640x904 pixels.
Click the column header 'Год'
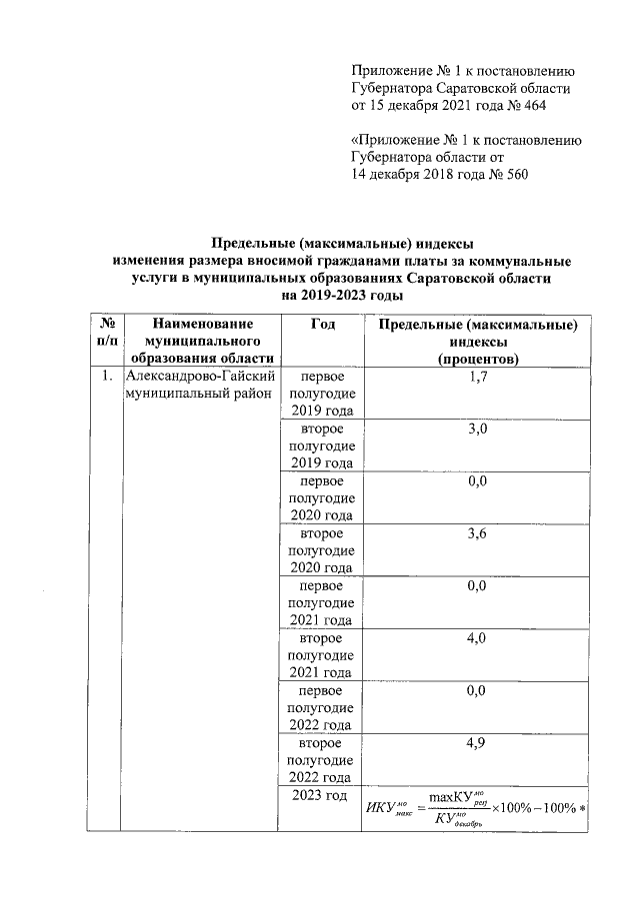click(322, 324)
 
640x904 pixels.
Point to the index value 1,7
click(477, 377)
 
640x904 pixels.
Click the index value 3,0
click(477, 429)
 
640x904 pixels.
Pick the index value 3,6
click(477, 533)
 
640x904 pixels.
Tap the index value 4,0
click(477, 638)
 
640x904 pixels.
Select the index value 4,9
click(477, 743)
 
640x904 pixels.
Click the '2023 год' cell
click(320, 795)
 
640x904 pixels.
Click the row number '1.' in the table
click(104, 377)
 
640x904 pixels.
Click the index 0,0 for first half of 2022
click(477, 690)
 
